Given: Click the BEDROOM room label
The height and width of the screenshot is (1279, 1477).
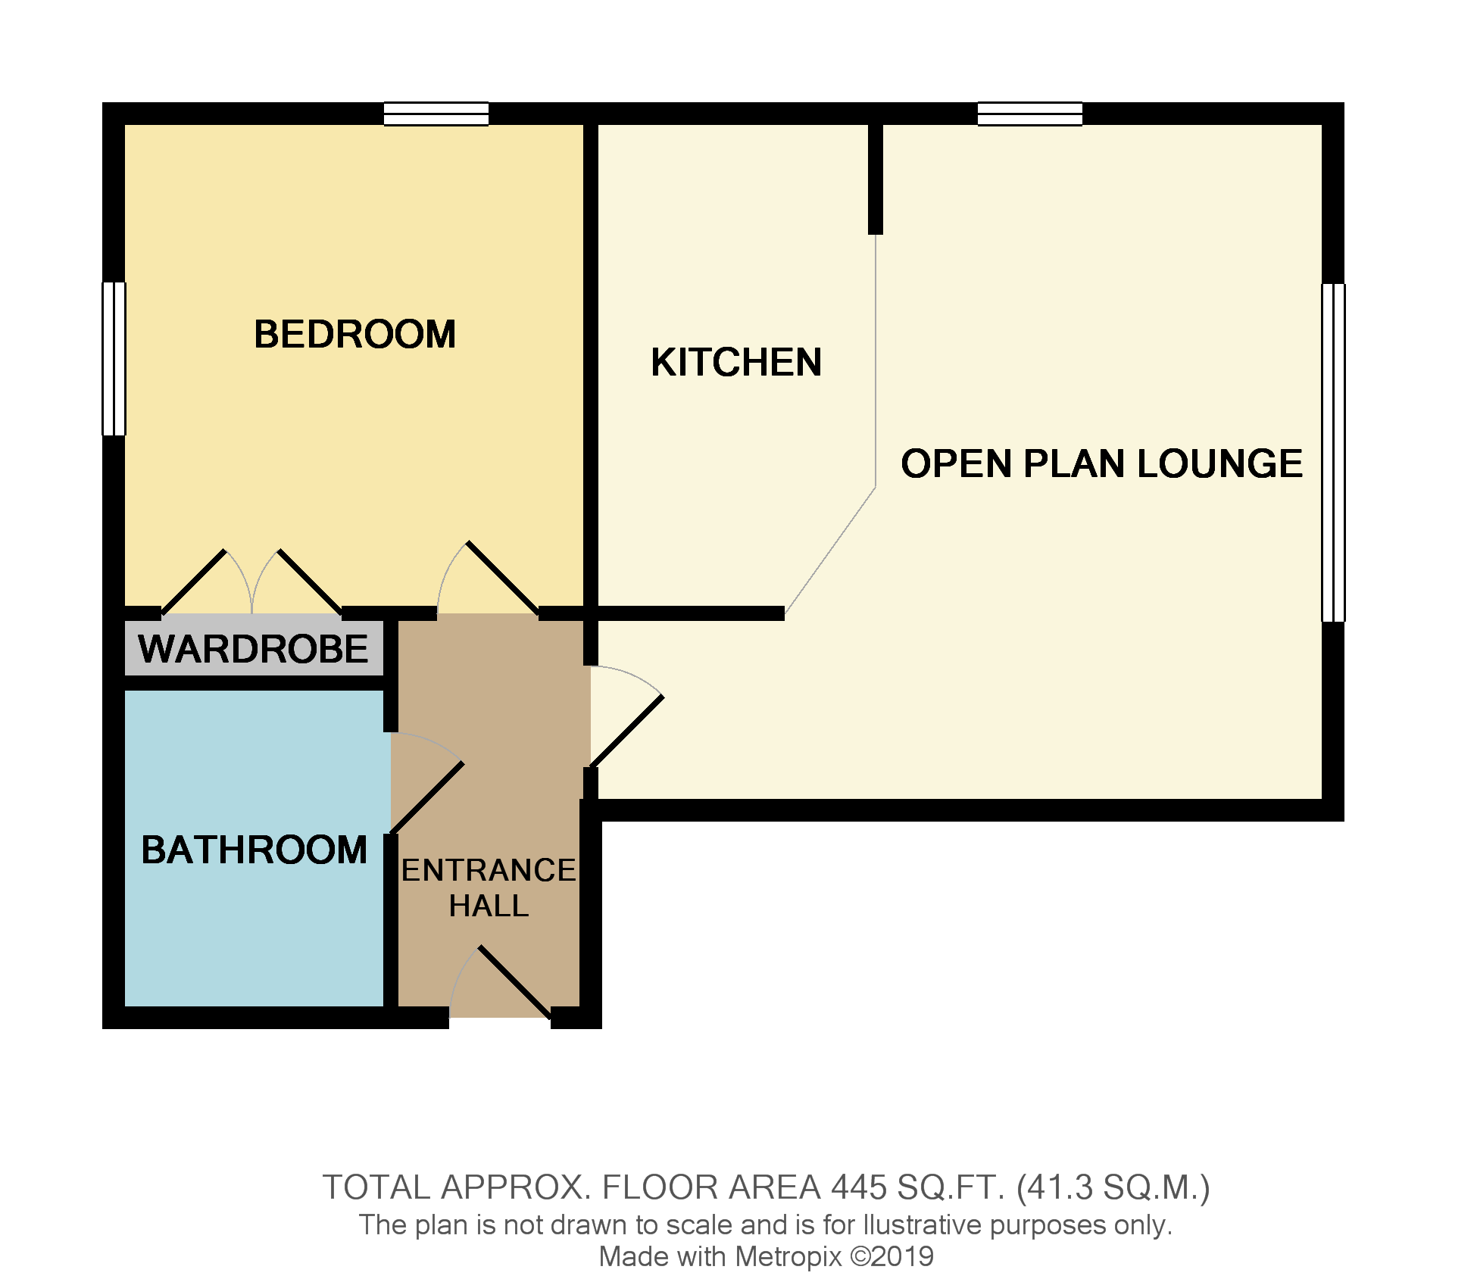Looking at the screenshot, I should tap(354, 334).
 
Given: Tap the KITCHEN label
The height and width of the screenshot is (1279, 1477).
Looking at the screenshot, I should tap(736, 362).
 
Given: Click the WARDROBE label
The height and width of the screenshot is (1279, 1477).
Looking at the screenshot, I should tap(253, 649).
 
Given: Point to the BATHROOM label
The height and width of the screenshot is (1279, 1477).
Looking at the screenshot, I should tap(254, 850).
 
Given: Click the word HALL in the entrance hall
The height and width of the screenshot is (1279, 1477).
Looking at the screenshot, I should tap(489, 906).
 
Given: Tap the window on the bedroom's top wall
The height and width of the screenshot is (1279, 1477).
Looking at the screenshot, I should tap(436, 114).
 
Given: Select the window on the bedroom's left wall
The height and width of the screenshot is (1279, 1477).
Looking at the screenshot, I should tap(114, 358).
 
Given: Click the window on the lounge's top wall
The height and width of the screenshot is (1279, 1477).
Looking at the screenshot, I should tap(1029, 114).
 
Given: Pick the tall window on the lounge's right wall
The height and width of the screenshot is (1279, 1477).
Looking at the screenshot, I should tap(1333, 452).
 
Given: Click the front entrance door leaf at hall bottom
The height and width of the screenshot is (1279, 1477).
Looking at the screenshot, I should tap(514, 982).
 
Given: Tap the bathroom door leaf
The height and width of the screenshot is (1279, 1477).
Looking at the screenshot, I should tap(426, 797).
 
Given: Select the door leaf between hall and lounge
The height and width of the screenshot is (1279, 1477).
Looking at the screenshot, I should tap(626, 732).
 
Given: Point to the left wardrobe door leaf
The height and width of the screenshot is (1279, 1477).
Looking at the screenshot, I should tap(194, 582).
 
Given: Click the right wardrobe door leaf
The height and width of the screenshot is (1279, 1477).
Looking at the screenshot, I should tap(311, 582).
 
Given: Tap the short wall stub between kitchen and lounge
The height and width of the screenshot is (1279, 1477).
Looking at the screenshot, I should tap(876, 179).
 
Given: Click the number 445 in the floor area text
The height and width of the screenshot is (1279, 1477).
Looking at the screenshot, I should tap(858, 1187).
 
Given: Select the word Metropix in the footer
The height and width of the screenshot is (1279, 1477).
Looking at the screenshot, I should tap(788, 1257).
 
